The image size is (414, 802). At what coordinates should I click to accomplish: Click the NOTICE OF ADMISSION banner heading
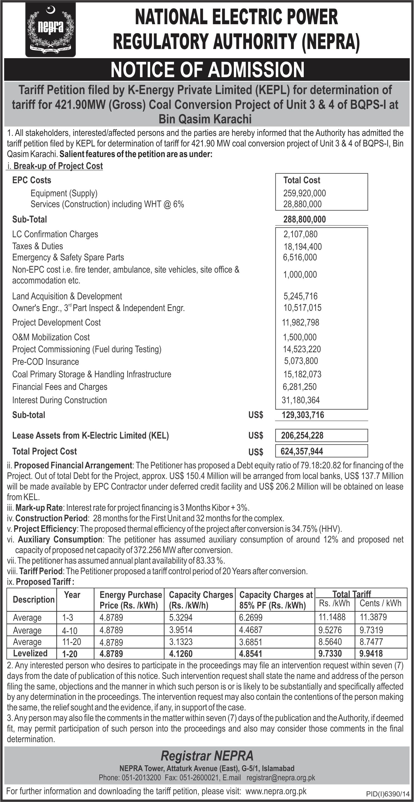207,70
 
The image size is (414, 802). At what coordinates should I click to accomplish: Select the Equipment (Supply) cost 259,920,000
304,193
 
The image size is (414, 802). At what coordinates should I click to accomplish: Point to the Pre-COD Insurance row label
45,362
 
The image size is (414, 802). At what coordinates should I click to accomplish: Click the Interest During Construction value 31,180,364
301,400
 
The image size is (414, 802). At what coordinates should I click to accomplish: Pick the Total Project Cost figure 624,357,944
302,451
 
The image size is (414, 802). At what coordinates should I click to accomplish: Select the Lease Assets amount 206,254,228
302,436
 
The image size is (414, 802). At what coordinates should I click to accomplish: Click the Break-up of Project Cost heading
58,166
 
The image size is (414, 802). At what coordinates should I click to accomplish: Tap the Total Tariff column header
352,594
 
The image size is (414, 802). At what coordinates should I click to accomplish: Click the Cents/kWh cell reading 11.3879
371,617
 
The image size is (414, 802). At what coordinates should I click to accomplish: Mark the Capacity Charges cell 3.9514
181,630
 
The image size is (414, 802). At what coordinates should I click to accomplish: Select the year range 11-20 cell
72,642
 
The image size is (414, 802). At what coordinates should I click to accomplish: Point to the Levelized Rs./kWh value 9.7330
330,654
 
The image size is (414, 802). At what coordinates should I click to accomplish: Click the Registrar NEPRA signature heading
207,755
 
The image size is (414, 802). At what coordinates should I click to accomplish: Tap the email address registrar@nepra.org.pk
281,778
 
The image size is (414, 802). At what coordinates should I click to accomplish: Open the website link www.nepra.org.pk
276,791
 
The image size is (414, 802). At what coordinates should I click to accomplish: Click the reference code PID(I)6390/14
388,794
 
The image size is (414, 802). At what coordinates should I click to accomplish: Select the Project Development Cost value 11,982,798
300,322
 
